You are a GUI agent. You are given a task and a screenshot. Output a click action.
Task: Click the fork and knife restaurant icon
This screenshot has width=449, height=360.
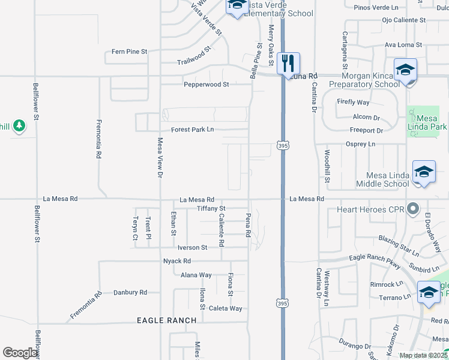289,62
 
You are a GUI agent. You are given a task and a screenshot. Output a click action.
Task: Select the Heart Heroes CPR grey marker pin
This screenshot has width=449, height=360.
412,209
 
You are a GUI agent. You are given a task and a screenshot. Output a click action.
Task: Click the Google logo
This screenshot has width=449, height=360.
20,353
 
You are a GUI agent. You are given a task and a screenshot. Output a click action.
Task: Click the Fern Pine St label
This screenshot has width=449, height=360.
130,52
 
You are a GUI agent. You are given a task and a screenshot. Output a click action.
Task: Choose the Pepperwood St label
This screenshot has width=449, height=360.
206,85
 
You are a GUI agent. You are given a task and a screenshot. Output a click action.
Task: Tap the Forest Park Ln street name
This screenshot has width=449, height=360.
192,130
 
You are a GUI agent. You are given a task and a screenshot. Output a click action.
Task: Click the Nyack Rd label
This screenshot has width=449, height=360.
177,261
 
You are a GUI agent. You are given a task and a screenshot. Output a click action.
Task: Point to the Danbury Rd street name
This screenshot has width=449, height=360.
130,292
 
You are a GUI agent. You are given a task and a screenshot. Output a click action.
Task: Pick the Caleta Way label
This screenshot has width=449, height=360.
226,308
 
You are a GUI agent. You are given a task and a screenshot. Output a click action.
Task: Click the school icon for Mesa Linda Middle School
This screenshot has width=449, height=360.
424,173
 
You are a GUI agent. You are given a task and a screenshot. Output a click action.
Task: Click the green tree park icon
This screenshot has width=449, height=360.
19,125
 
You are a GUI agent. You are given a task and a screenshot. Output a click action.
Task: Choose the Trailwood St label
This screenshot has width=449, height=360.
194,62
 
